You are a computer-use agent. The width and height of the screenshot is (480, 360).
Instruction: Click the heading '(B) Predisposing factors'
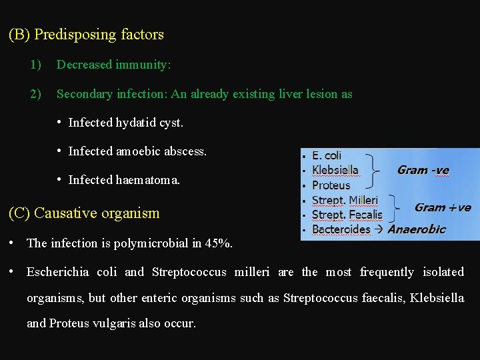[x=86, y=35]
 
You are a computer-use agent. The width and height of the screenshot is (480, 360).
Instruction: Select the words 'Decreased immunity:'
[x=113, y=65]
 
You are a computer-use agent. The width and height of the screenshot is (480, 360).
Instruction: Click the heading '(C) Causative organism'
[x=84, y=213]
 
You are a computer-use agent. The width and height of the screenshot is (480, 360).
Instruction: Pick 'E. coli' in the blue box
[x=327, y=156]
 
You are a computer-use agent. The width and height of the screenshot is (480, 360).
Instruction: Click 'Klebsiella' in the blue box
[x=335, y=171]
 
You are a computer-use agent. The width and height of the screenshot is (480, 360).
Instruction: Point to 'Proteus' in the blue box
[x=331, y=185]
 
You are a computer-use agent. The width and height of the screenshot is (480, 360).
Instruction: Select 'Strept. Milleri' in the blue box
[x=345, y=200]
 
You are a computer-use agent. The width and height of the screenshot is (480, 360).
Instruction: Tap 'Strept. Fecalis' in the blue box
[x=347, y=215]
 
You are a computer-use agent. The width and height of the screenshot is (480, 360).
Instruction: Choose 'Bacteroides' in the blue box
[x=341, y=229]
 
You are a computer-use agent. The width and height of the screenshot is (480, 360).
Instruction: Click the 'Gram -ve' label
[x=423, y=171]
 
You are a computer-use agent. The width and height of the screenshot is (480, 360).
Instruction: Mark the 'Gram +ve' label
[x=443, y=207]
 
